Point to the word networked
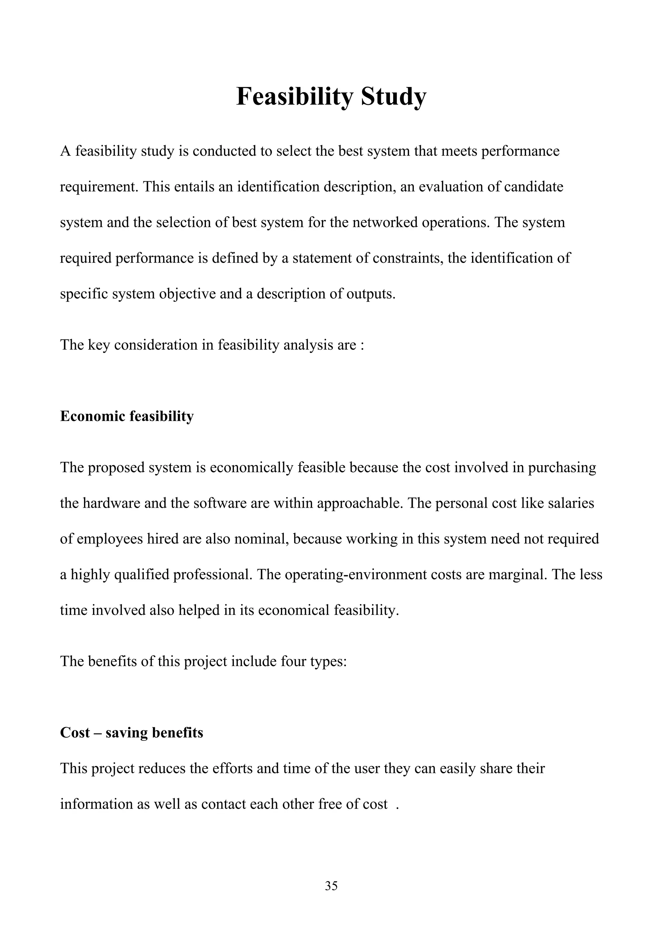(385, 223)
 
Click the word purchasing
(562, 468)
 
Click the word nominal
(261, 539)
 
